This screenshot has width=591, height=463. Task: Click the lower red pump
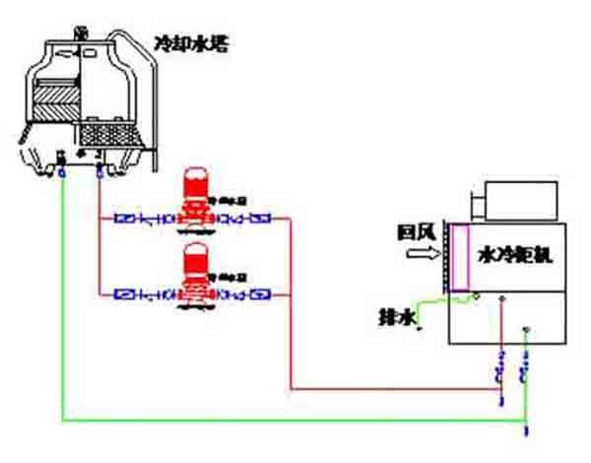[x=195, y=276]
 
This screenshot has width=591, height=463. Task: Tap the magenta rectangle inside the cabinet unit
[x=459, y=258]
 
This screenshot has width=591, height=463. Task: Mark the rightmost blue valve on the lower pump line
[x=262, y=294]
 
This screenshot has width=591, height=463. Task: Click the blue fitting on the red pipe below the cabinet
[x=500, y=371]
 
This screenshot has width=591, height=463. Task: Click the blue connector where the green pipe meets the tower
[x=62, y=171]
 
